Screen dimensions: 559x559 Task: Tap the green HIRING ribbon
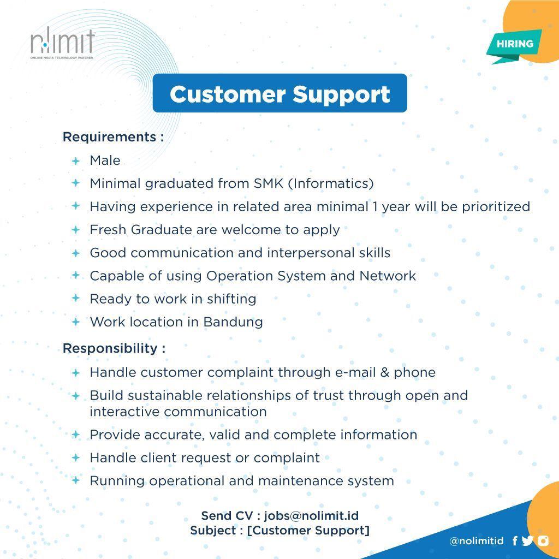pos(514,44)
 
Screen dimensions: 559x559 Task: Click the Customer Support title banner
pos(279,93)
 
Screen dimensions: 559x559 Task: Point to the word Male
pos(105,160)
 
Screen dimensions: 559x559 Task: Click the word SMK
pos(269,183)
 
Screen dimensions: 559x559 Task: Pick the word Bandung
pos(233,322)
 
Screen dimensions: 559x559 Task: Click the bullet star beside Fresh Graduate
pos(76,230)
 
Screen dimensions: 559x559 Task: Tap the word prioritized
pos(496,207)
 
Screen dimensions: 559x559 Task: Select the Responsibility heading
pos(114,348)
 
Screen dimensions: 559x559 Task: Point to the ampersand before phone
pos(385,372)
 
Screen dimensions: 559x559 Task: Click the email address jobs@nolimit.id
pos(311,516)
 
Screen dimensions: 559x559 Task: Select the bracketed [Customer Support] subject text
pos(308,531)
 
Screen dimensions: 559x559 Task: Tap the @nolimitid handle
pos(476,541)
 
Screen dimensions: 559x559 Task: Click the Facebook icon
pos(514,541)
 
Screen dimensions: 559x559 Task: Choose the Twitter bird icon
pos(527,541)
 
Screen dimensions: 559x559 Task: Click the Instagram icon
pos(543,540)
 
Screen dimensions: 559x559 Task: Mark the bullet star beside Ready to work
pos(76,299)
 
